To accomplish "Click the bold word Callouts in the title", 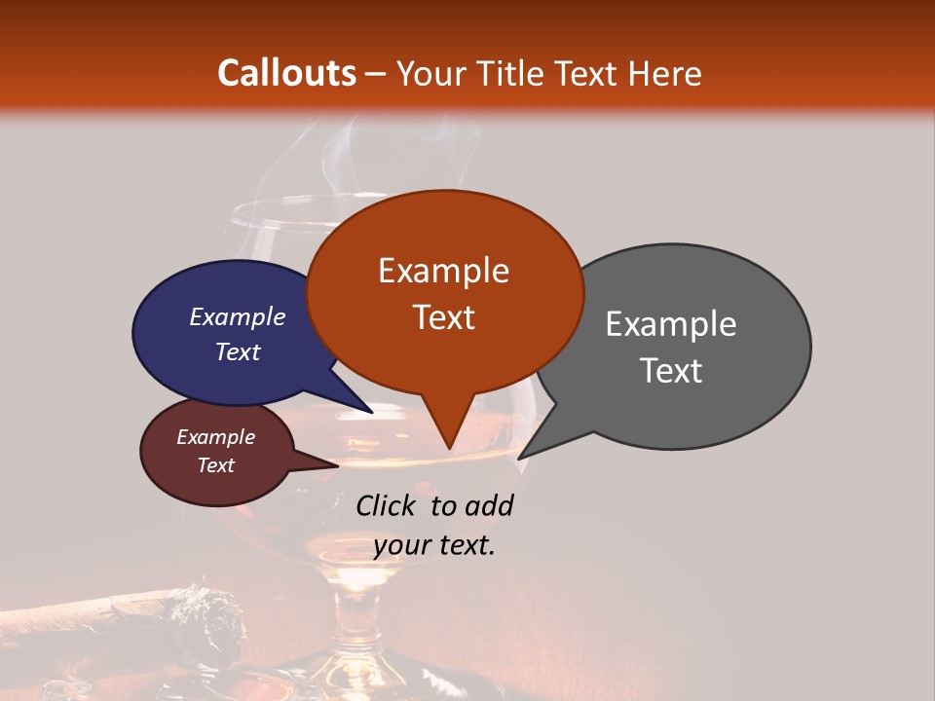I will [286, 73].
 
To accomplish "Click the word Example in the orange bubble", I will [443, 271].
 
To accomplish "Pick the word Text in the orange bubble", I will [443, 317].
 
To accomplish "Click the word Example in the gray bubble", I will [671, 324].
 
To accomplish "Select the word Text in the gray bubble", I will [671, 371].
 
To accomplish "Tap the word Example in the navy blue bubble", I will [238, 316].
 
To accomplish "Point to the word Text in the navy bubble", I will [238, 351].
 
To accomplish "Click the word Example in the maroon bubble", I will [215, 437].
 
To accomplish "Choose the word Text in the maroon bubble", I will [215, 465].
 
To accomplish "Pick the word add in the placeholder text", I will [489, 505].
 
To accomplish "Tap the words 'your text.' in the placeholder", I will [434, 545].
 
